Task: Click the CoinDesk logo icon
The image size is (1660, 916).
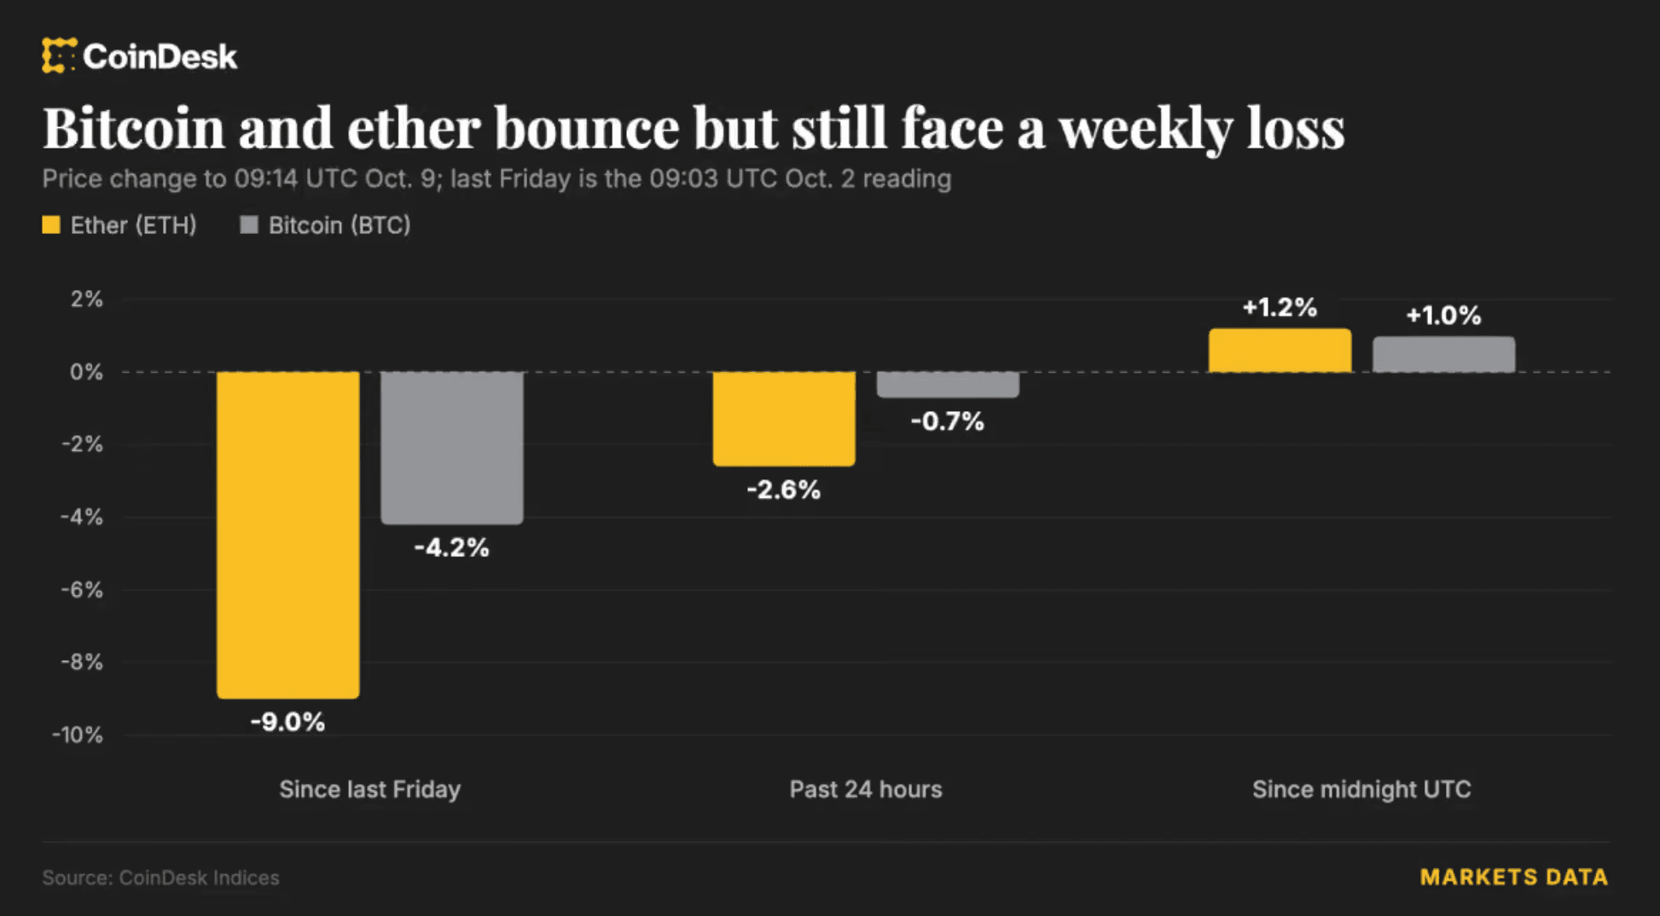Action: coord(59,55)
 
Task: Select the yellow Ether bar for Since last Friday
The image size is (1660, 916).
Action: coord(288,535)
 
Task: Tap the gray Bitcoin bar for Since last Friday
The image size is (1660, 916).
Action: coord(452,448)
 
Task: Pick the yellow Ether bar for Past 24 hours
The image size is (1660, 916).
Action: coord(784,419)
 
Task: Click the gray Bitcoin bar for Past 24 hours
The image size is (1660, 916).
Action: coord(948,385)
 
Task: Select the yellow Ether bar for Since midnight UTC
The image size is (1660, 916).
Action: coord(1280,350)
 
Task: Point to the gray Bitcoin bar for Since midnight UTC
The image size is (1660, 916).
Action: coord(1444,354)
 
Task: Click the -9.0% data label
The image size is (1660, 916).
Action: coord(287,722)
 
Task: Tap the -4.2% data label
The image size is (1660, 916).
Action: coord(451,548)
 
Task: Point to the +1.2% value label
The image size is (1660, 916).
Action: coord(1280,307)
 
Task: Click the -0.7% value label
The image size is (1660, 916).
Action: coord(947,421)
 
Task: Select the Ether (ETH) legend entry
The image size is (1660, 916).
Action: coord(119,225)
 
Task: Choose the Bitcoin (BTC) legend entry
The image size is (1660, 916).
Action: coord(325,225)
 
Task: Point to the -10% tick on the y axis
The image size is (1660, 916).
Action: coord(78,735)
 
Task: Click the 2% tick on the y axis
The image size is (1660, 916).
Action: coord(86,299)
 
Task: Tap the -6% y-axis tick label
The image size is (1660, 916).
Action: coord(82,590)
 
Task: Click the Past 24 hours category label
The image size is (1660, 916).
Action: coord(866,790)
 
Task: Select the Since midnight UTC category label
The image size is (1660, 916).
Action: coord(1361,790)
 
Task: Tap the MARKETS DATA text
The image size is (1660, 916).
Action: coord(1514,878)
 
